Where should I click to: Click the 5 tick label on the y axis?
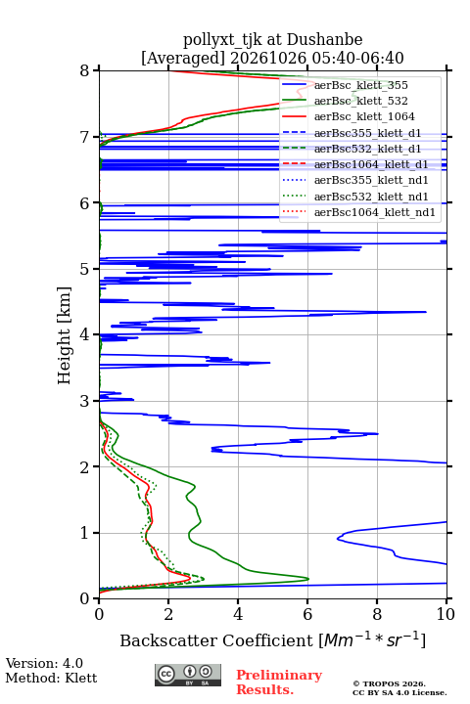click(84, 269)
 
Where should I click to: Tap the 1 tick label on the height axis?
click(84, 533)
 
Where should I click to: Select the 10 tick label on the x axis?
click(446, 614)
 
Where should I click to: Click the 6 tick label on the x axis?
click(307, 614)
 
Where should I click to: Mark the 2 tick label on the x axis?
click(168, 614)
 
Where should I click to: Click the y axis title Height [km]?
click(64, 335)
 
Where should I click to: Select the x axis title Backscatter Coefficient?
click(215, 640)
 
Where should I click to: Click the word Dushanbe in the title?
click(325, 40)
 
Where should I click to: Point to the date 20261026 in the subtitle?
click(268, 58)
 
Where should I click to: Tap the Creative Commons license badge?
click(188, 675)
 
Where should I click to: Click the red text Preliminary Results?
click(279, 682)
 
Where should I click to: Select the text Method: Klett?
click(51, 678)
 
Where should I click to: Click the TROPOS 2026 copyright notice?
click(390, 683)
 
